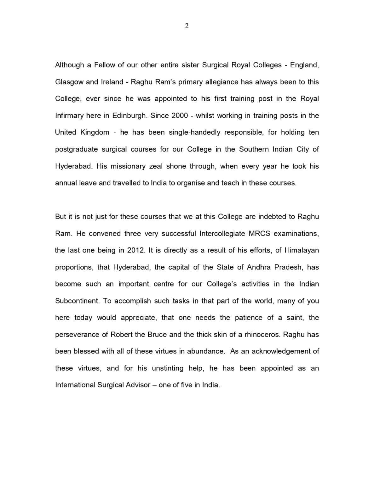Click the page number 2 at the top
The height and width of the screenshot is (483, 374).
tap(187, 26)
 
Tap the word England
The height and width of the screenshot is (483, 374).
tap(304, 65)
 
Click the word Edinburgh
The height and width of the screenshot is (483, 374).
tap(129, 116)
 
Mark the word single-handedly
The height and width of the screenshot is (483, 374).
tap(194, 132)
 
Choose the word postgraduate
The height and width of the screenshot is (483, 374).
tap(76, 149)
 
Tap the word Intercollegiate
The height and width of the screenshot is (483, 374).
tap(222, 234)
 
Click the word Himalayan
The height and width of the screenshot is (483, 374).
tap(302, 250)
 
